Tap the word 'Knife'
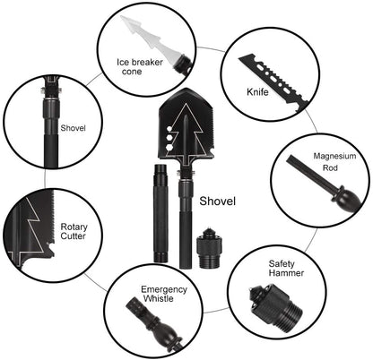(258, 91)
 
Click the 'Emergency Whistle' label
(163, 295)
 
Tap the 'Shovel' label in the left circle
(72, 127)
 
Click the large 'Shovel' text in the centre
(219, 201)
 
